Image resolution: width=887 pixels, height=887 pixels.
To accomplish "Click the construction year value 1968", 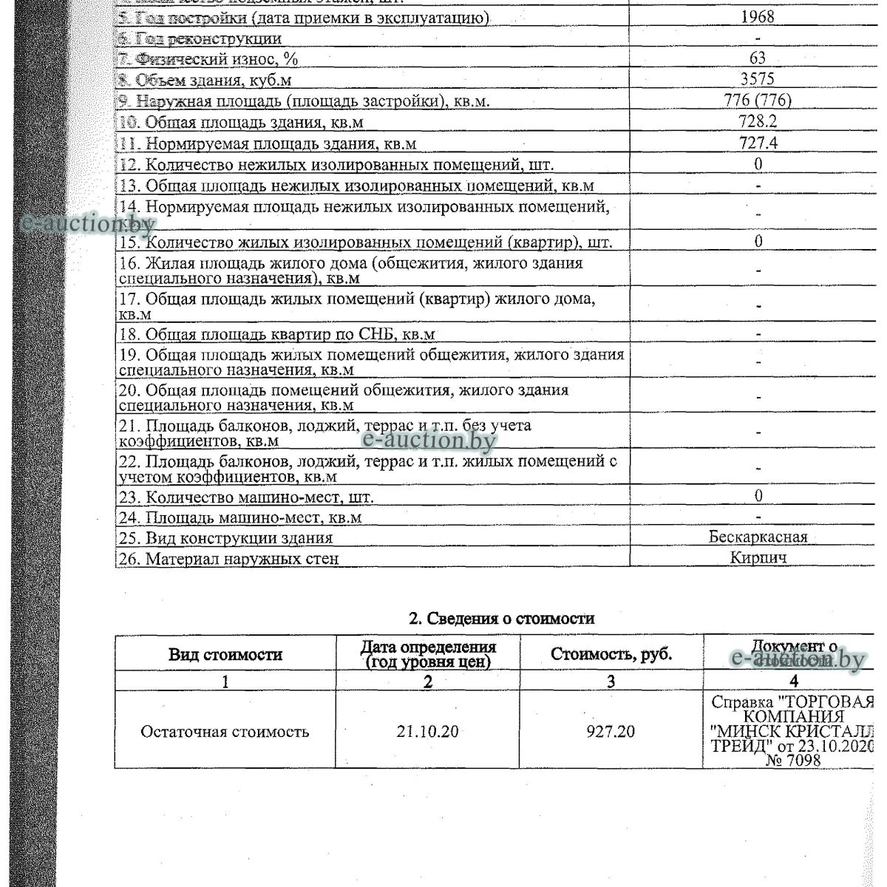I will point(757,17).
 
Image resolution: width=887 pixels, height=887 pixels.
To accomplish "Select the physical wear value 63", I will point(757,58).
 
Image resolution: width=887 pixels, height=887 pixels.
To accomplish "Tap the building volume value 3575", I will point(757,79).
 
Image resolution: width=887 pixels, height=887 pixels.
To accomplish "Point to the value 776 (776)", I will point(758,101).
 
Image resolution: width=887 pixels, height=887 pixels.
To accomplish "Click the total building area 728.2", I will point(758,122).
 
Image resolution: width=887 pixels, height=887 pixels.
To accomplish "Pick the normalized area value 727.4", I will point(758,143).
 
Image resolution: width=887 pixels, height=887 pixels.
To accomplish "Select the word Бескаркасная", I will point(758,537).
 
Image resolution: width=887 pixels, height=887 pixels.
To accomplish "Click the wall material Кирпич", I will point(758,557).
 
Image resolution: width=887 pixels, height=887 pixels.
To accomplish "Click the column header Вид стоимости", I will point(225,654).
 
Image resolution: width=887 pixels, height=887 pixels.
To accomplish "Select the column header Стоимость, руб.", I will point(611,654).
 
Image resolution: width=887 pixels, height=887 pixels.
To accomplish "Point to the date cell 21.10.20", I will point(427,732).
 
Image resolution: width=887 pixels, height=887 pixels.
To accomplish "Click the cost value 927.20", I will point(611,732).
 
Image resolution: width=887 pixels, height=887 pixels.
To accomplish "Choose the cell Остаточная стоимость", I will point(225,732).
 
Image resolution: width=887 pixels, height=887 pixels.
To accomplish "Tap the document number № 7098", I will point(793,760).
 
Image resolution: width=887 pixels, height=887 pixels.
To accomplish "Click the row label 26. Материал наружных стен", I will point(228,559).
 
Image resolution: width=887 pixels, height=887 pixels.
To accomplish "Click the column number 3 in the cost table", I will point(611,682).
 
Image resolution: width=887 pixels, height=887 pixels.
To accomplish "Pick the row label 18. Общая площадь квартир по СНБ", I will point(276,335).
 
